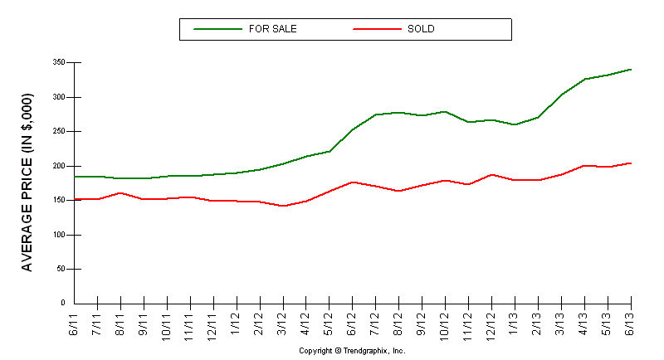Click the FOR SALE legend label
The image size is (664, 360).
272,29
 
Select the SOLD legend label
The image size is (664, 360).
421,29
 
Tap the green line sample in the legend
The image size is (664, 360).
217,29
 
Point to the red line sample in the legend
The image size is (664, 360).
376,29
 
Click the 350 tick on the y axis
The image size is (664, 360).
58,63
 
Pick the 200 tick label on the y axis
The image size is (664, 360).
58,166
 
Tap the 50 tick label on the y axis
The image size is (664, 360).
60,270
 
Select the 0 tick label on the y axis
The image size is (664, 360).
62,304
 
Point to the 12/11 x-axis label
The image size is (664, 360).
214,322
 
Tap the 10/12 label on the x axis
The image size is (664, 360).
447,322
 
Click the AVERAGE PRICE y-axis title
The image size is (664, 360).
27,183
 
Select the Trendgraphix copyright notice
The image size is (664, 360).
352,351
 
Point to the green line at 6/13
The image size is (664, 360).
632,70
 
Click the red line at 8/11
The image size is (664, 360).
121,193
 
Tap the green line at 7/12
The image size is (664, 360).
377,114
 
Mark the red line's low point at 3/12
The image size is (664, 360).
284,206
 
